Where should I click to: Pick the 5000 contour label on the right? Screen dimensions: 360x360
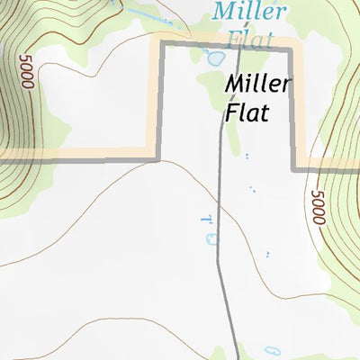coord(317,208)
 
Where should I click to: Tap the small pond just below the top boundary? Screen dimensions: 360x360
coord(216,59)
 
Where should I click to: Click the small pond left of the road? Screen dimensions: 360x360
coord(211,238)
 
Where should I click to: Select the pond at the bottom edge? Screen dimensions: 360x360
coord(272,351)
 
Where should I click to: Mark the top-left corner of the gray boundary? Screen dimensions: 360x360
coord(161,43)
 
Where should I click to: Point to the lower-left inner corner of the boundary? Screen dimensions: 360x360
coord(158,159)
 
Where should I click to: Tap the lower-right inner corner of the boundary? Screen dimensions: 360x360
coord(294,166)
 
